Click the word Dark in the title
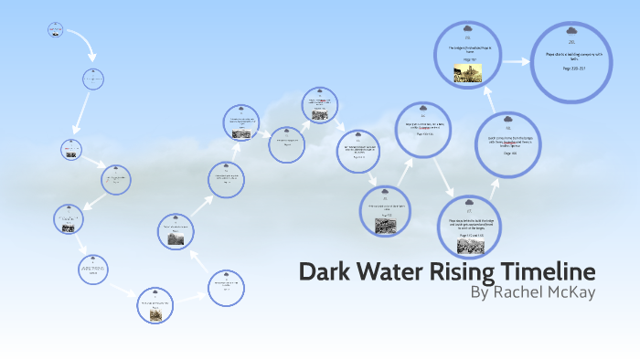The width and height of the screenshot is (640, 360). tap(327, 272)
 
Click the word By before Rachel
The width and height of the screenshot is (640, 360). tap(481, 293)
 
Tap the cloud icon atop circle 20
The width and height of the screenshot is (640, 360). tap(571, 30)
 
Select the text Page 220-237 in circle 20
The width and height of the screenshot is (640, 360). tap(571, 69)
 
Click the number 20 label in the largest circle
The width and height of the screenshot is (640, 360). tap(571, 42)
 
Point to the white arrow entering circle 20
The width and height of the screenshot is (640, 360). tap(517, 61)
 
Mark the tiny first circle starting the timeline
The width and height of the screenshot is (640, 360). tap(55, 30)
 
